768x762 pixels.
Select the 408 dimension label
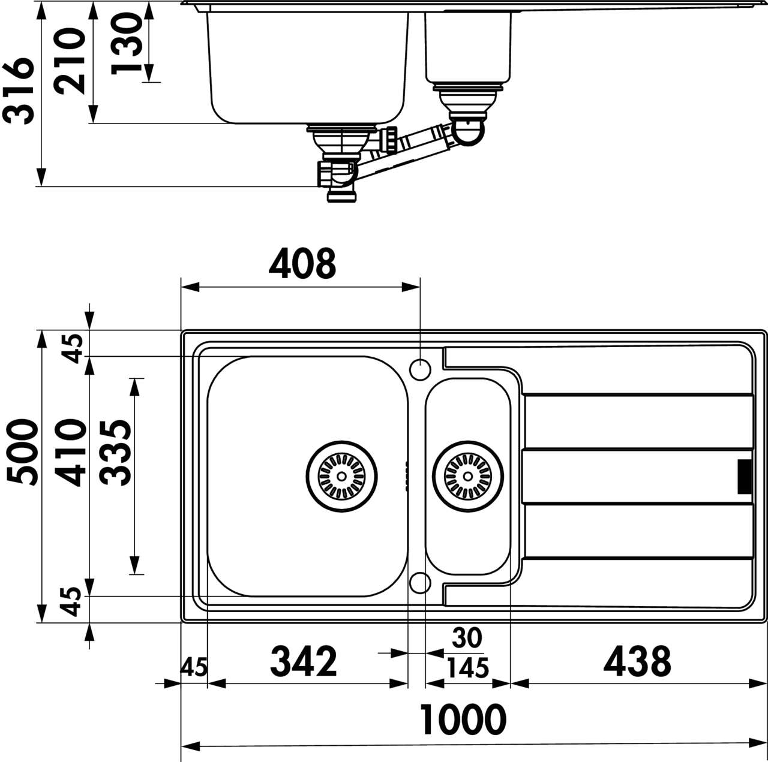(x=302, y=263)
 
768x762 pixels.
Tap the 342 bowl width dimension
(x=304, y=661)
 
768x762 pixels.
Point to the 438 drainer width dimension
(x=637, y=661)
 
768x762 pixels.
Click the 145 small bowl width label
(x=467, y=668)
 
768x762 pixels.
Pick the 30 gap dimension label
(x=467, y=638)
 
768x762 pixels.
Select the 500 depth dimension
(x=23, y=452)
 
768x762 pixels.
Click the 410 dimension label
(x=71, y=453)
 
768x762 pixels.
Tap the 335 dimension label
(x=116, y=452)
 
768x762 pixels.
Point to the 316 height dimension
(x=18, y=91)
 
